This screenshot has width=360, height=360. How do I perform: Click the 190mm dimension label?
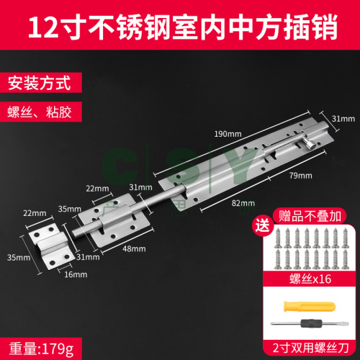228,134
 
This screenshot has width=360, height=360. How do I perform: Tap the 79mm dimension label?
300,176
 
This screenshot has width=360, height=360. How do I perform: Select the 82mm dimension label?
243,203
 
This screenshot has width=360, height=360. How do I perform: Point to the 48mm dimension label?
134,248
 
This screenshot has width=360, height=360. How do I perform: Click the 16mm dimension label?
76,274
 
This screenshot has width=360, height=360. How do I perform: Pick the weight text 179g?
58,348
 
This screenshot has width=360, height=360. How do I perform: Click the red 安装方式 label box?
41,82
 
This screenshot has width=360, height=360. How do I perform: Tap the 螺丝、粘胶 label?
40,112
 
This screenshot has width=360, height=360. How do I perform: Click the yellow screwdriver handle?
309,307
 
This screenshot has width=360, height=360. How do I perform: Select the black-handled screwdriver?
310,323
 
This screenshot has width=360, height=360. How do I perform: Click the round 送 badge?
263,226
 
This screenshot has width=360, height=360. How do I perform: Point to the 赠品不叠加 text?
310,216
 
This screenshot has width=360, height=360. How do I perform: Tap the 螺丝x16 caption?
310,279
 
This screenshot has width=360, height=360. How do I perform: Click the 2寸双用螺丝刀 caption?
310,348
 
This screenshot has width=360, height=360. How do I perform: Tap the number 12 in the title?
43,27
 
